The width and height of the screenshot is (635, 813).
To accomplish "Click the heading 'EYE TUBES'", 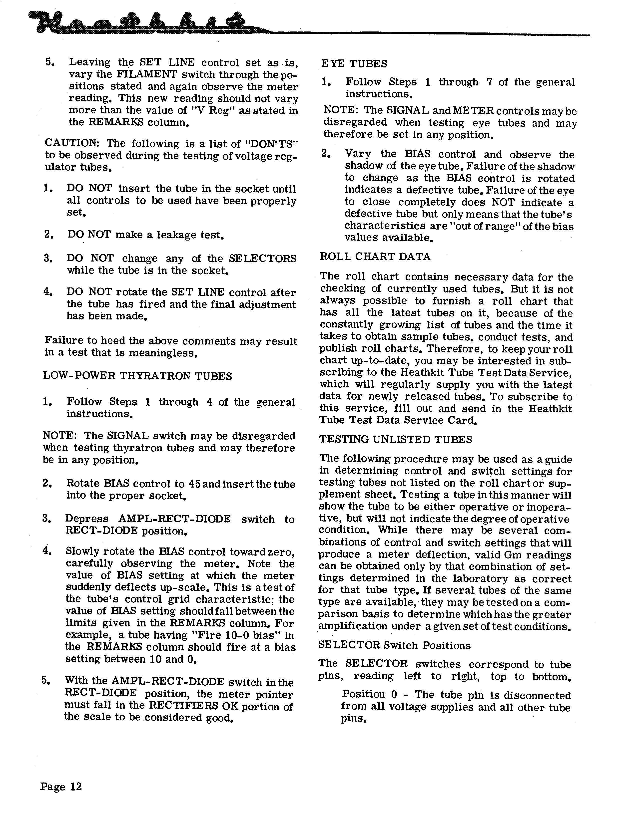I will click(354, 64).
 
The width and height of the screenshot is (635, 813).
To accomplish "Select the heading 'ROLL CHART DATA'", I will click(375, 257).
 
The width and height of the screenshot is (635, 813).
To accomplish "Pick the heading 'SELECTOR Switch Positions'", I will click(394, 645).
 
